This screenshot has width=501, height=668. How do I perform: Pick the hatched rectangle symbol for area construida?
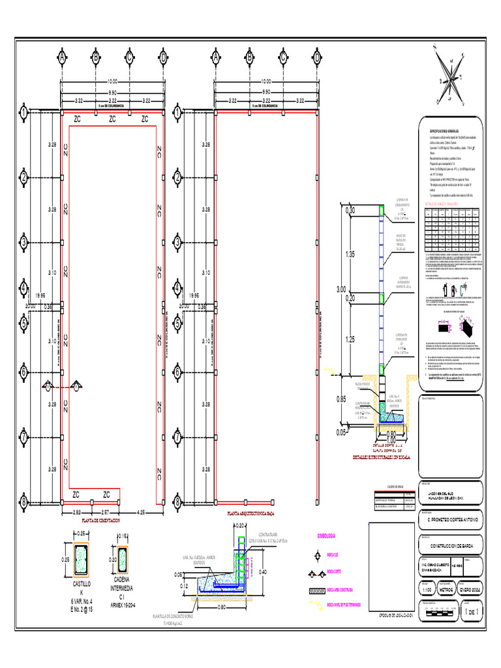pyautogui.click(x=325, y=590)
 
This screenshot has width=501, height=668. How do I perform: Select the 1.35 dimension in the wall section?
pyautogui.click(x=350, y=254)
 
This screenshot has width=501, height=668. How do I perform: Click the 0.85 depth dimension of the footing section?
pyautogui.click(x=342, y=399)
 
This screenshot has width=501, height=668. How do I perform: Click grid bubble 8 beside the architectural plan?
pyautogui.click(x=177, y=502)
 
